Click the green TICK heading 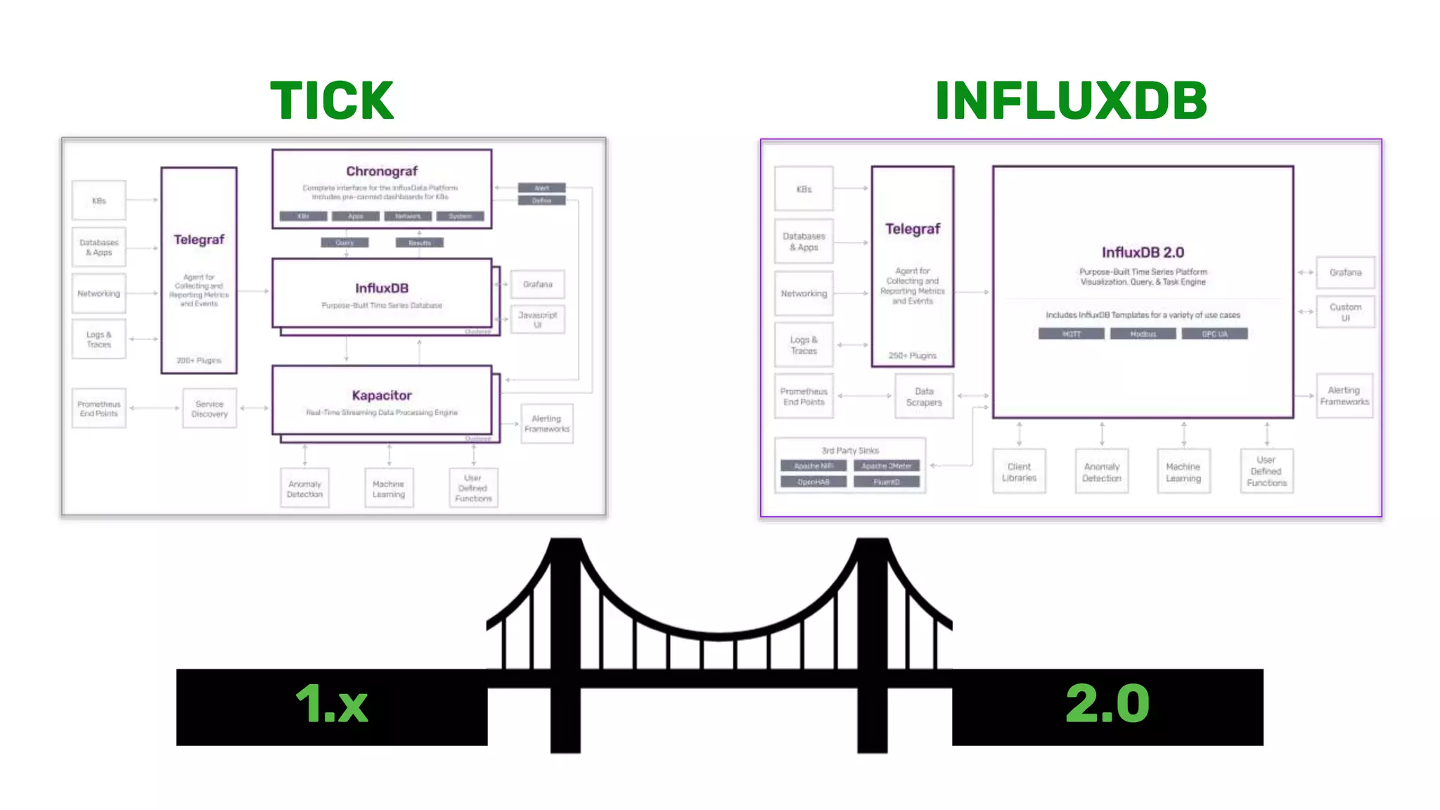pos(332,101)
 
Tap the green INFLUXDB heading pos(1071,101)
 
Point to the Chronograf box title pos(382,172)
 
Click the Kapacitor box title pos(382,395)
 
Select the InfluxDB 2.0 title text pos(1143,252)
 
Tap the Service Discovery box pos(210,409)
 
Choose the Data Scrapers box pos(924,397)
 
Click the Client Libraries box pos(1019,472)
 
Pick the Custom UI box pos(1345,312)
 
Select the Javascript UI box pos(538,319)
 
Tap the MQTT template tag pos(1071,334)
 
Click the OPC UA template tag pos(1214,334)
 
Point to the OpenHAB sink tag pos(814,482)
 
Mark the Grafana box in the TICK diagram pos(538,285)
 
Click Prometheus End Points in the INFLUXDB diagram pos(804,397)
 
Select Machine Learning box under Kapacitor pos(389,489)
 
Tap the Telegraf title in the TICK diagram pos(199,240)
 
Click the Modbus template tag pos(1143,334)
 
